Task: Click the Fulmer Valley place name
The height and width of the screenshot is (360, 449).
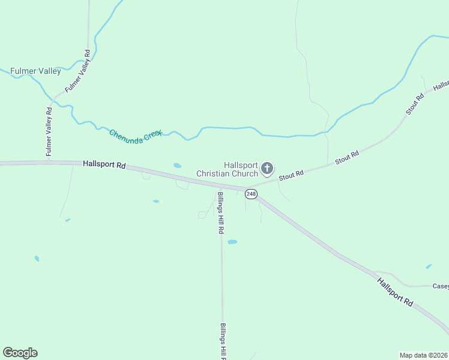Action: click(35, 71)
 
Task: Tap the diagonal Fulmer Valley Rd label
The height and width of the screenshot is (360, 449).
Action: click(78, 70)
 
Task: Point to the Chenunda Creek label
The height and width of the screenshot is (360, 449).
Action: click(136, 133)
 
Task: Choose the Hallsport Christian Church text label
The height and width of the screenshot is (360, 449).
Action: click(228, 169)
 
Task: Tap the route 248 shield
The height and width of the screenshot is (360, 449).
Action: click(251, 194)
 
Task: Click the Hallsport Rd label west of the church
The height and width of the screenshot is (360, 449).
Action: click(104, 164)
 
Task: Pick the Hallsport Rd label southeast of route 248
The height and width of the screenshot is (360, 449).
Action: click(395, 292)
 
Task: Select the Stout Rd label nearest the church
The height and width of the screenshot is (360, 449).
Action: click(291, 175)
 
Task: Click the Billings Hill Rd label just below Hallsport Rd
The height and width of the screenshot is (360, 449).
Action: click(221, 213)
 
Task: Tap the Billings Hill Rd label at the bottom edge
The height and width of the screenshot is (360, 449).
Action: click(223, 342)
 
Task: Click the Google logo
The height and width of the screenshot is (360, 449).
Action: click(20, 353)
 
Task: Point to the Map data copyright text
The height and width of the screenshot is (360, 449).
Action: click(423, 355)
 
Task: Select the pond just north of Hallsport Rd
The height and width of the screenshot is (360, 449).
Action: click(177, 166)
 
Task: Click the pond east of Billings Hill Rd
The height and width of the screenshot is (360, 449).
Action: click(232, 242)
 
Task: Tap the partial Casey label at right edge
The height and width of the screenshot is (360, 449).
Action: click(441, 286)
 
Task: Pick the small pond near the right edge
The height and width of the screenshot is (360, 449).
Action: click(429, 266)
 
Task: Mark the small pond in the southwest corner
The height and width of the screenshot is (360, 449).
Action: click(37, 259)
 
